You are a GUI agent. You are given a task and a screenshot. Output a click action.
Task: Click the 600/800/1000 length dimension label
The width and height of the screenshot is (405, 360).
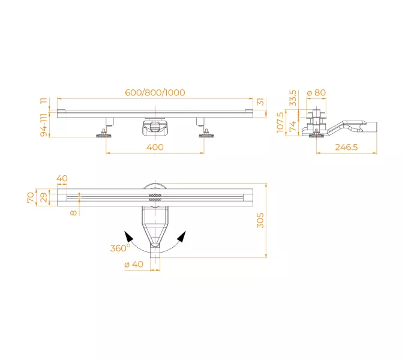point(155,92)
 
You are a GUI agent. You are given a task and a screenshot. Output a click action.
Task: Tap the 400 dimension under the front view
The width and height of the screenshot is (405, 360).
point(155,147)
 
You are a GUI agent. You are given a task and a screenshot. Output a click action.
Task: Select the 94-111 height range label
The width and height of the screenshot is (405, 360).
point(44,125)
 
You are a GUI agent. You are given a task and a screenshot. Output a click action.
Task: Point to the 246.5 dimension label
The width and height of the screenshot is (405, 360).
point(346,147)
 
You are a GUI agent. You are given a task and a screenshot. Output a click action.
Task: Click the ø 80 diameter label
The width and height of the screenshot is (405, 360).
point(316,92)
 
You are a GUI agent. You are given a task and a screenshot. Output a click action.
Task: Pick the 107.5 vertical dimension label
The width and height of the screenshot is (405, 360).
point(280,122)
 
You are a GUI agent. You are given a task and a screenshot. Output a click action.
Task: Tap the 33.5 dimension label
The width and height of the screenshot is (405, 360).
point(293,98)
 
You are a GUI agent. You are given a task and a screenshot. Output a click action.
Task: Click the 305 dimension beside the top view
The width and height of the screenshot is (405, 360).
point(260,220)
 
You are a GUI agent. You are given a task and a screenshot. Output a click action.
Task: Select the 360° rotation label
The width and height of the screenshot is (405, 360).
point(120,248)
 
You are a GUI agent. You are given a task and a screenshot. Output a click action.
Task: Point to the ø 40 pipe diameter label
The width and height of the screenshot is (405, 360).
point(134,264)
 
